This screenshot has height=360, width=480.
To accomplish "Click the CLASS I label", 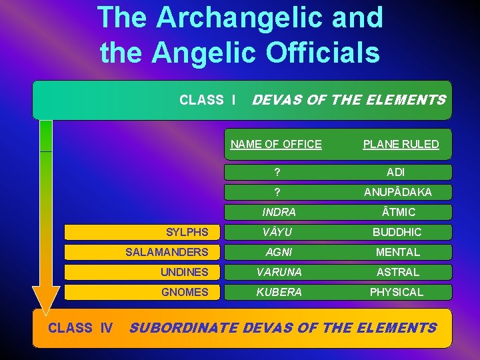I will tap(207, 100).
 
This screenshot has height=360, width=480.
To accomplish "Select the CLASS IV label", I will tap(80, 327).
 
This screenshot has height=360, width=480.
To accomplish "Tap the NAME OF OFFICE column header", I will tap(276, 144).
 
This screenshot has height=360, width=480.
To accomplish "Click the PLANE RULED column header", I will tap(401, 144).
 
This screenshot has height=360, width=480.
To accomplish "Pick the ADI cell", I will tap(395, 172).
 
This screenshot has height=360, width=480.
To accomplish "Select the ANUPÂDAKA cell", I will tap(397, 192).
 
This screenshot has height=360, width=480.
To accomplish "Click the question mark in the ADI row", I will tap(277, 172).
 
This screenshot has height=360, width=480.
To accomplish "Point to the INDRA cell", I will tap(279, 212).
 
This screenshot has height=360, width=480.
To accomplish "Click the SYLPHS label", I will tap(187, 232).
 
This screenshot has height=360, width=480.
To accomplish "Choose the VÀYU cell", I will tap(279, 232).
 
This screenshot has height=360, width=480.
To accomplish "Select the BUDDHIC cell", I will tap(397, 232).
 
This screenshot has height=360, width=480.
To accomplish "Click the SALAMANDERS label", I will tap(167, 252).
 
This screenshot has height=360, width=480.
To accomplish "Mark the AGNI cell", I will tap(279, 252).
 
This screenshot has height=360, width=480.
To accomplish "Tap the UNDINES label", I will tap(184, 272).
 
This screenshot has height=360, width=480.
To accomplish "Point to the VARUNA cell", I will tap(279, 272).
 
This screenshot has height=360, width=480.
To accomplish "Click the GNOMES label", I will tap(184, 292).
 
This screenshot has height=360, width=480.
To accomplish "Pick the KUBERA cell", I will tap(279, 292).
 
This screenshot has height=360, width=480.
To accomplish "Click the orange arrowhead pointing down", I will tap(46, 300).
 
